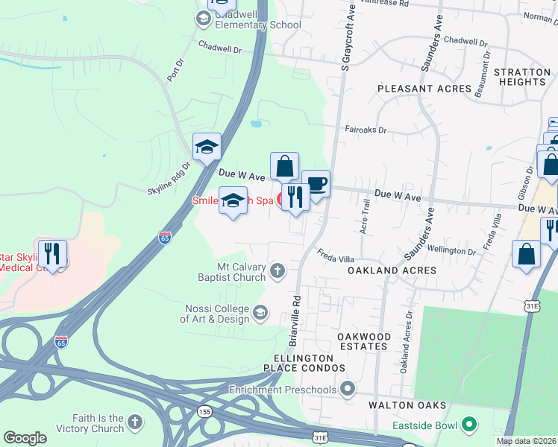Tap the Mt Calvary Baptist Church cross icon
click(278, 270)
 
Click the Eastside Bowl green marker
click(469, 425)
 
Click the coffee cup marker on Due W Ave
click(316, 185)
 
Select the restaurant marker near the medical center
click(52, 254)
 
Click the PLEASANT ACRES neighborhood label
click(424, 89)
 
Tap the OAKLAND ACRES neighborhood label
click(392, 270)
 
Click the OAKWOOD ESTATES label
click(364, 342)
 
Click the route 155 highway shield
click(204, 411)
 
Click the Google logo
click(25, 438)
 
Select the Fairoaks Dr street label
click(366, 129)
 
